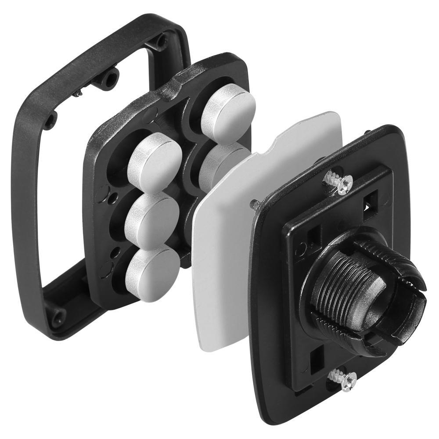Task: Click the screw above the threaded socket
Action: pos(338,182)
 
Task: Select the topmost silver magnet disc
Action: pos(228,108)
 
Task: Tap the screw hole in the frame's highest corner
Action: pos(162,42)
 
